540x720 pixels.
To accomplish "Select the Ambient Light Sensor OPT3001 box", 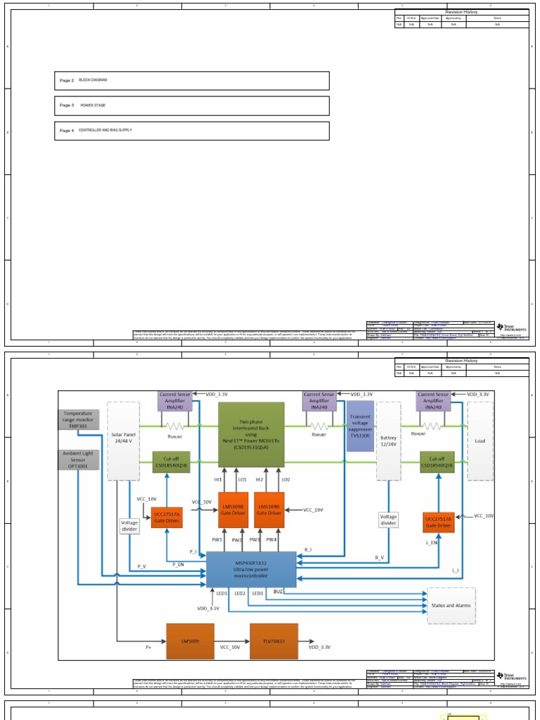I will click(x=78, y=460).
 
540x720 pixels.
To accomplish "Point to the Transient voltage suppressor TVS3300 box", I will click(x=360, y=426).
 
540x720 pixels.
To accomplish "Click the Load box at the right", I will click(x=480, y=441).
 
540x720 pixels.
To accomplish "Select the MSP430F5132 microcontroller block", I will click(x=252, y=569).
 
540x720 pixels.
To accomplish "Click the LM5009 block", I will click(x=190, y=641).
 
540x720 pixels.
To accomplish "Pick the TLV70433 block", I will click(x=274, y=641).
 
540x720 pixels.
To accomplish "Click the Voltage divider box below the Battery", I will click(x=388, y=520).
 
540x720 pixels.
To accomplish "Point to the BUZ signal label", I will click(x=278, y=593).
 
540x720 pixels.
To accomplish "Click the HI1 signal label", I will click(x=218, y=480).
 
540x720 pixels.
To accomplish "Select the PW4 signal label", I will click(x=271, y=540).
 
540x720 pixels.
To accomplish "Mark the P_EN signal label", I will click(x=179, y=565).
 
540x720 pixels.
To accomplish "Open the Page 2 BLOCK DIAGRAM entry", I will click(x=191, y=81).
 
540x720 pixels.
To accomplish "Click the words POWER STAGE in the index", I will click(x=92, y=105).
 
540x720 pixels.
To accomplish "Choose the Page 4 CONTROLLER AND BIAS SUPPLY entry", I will click(x=191, y=131).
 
